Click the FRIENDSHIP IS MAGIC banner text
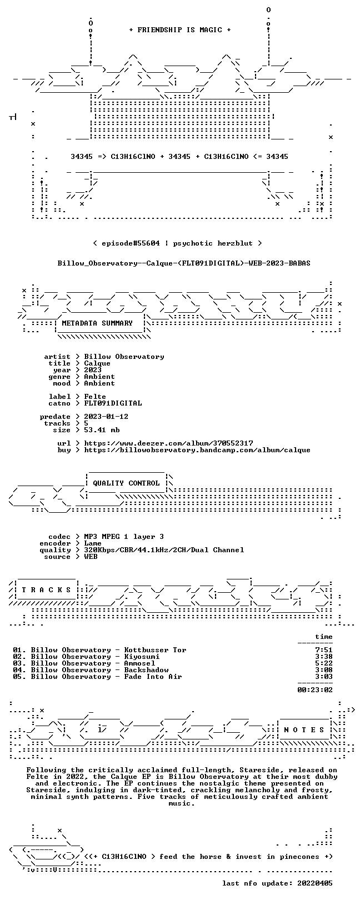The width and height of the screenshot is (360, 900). (x=180, y=30)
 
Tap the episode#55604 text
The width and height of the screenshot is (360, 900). (x=131, y=243)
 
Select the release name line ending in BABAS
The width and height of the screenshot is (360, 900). (x=184, y=263)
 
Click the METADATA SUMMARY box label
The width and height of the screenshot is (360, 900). (x=97, y=323)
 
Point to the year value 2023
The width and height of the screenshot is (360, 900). (x=93, y=370)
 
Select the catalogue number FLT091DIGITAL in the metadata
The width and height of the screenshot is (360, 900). (x=113, y=403)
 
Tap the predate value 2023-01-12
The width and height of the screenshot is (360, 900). (x=106, y=417)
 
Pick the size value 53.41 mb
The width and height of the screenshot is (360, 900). (x=102, y=430)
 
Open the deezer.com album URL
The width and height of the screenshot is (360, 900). (x=169, y=443)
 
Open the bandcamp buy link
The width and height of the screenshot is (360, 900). (x=197, y=450)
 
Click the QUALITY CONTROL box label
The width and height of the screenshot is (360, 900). (x=126, y=483)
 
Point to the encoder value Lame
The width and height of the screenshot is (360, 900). (x=93, y=543)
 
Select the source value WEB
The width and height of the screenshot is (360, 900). (x=91, y=557)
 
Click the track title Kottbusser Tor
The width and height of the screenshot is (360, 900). (x=155, y=650)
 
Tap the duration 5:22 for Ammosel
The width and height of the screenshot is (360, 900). (x=324, y=663)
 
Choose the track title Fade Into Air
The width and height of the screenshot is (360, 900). (x=153, y=677)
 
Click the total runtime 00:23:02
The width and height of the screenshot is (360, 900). (x=315, y=690)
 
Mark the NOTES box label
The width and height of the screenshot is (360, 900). (x=304, y=729)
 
